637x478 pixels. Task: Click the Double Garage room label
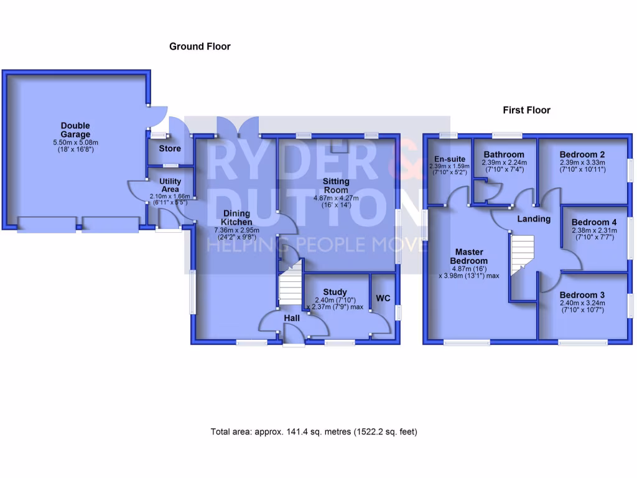pos(75,129)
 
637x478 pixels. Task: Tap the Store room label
pos(170,149)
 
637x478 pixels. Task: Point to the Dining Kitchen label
pos(238,217)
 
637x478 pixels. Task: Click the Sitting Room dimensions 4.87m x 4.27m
pos(336,199)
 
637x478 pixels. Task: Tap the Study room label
pos(335,292)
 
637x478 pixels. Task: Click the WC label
pos(383,299)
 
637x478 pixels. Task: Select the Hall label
pos(292,318)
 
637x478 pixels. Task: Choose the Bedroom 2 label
pos(582,154)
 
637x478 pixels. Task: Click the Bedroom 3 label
pos(582,295)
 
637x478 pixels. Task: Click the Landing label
pos(534,219)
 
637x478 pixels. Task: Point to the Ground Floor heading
pos(200,47)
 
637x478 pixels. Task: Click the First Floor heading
pos(526,110)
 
